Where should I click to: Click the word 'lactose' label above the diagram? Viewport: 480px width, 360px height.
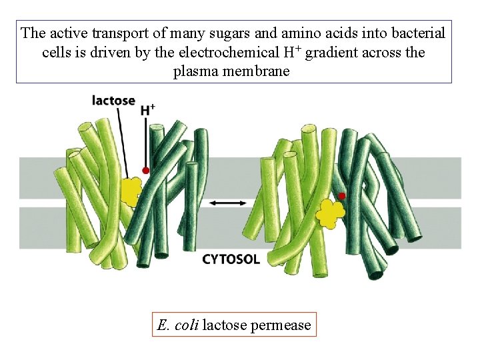(113, 101)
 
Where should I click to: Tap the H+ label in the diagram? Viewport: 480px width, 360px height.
(148, 109)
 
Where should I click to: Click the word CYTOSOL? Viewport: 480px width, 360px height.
(231, 259)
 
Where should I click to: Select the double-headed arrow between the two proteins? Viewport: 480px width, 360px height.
(227, 202)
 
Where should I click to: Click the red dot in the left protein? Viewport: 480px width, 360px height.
(146, 171)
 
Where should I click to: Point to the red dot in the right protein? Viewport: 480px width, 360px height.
(342, 196)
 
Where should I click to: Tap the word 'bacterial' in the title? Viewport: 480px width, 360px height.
(416, 33)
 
